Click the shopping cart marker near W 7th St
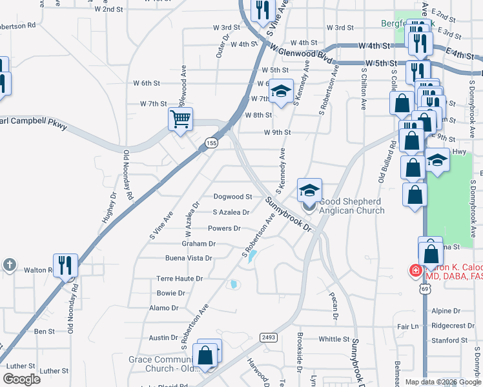180,119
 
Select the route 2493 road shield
269,337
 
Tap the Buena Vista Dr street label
189,258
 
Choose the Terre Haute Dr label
180,279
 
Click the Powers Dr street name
224,228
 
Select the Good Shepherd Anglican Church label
351,206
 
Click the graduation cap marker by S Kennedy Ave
282,92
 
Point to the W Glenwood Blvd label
302,55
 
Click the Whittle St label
334,339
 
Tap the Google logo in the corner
22,379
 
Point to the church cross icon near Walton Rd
9,264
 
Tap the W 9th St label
278,132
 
